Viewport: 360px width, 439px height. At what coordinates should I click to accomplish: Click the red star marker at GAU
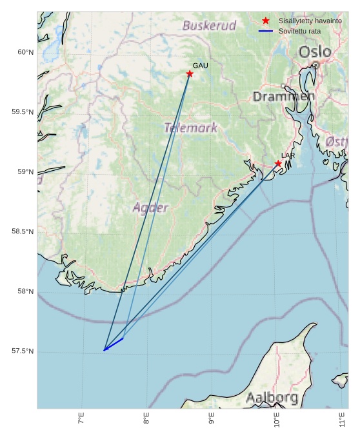(x=190, y=74)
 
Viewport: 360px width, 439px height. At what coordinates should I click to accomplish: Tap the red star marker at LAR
(x=278, y=164)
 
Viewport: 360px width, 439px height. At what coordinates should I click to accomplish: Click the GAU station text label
(x=200, y=66)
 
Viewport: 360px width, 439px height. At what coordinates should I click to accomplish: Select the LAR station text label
(x=288, y=155)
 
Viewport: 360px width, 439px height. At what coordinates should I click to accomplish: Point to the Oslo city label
(x=315, y=52)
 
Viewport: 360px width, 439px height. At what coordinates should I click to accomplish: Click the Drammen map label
(x=283, y=97)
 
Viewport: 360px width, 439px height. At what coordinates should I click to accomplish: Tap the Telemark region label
(x=191, y=128)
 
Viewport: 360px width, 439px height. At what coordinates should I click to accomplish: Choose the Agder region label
(x=151, y=208)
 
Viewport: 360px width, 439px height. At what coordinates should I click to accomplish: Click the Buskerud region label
(x=209, y=26)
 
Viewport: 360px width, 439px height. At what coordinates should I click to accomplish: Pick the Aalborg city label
(x=272, y=397)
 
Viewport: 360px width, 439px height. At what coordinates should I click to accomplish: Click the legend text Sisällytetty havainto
(x=310, y=21)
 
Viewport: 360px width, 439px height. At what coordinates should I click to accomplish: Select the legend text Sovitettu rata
(x=299, y=31)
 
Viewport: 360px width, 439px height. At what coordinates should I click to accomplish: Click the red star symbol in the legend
(x=266, y=21)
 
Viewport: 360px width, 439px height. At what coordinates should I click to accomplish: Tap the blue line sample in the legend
(x=266, y=31)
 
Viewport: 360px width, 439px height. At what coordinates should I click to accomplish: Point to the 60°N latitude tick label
(x=24, y=52)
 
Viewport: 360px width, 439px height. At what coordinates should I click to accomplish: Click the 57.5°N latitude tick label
(x=23, y=351)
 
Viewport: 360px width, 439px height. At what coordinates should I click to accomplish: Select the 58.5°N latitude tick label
(x=23, y=231)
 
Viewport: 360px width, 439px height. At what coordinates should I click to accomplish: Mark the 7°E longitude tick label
(x=81, y=420)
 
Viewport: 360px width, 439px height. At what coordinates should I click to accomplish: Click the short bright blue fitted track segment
(x=114, y=344)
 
